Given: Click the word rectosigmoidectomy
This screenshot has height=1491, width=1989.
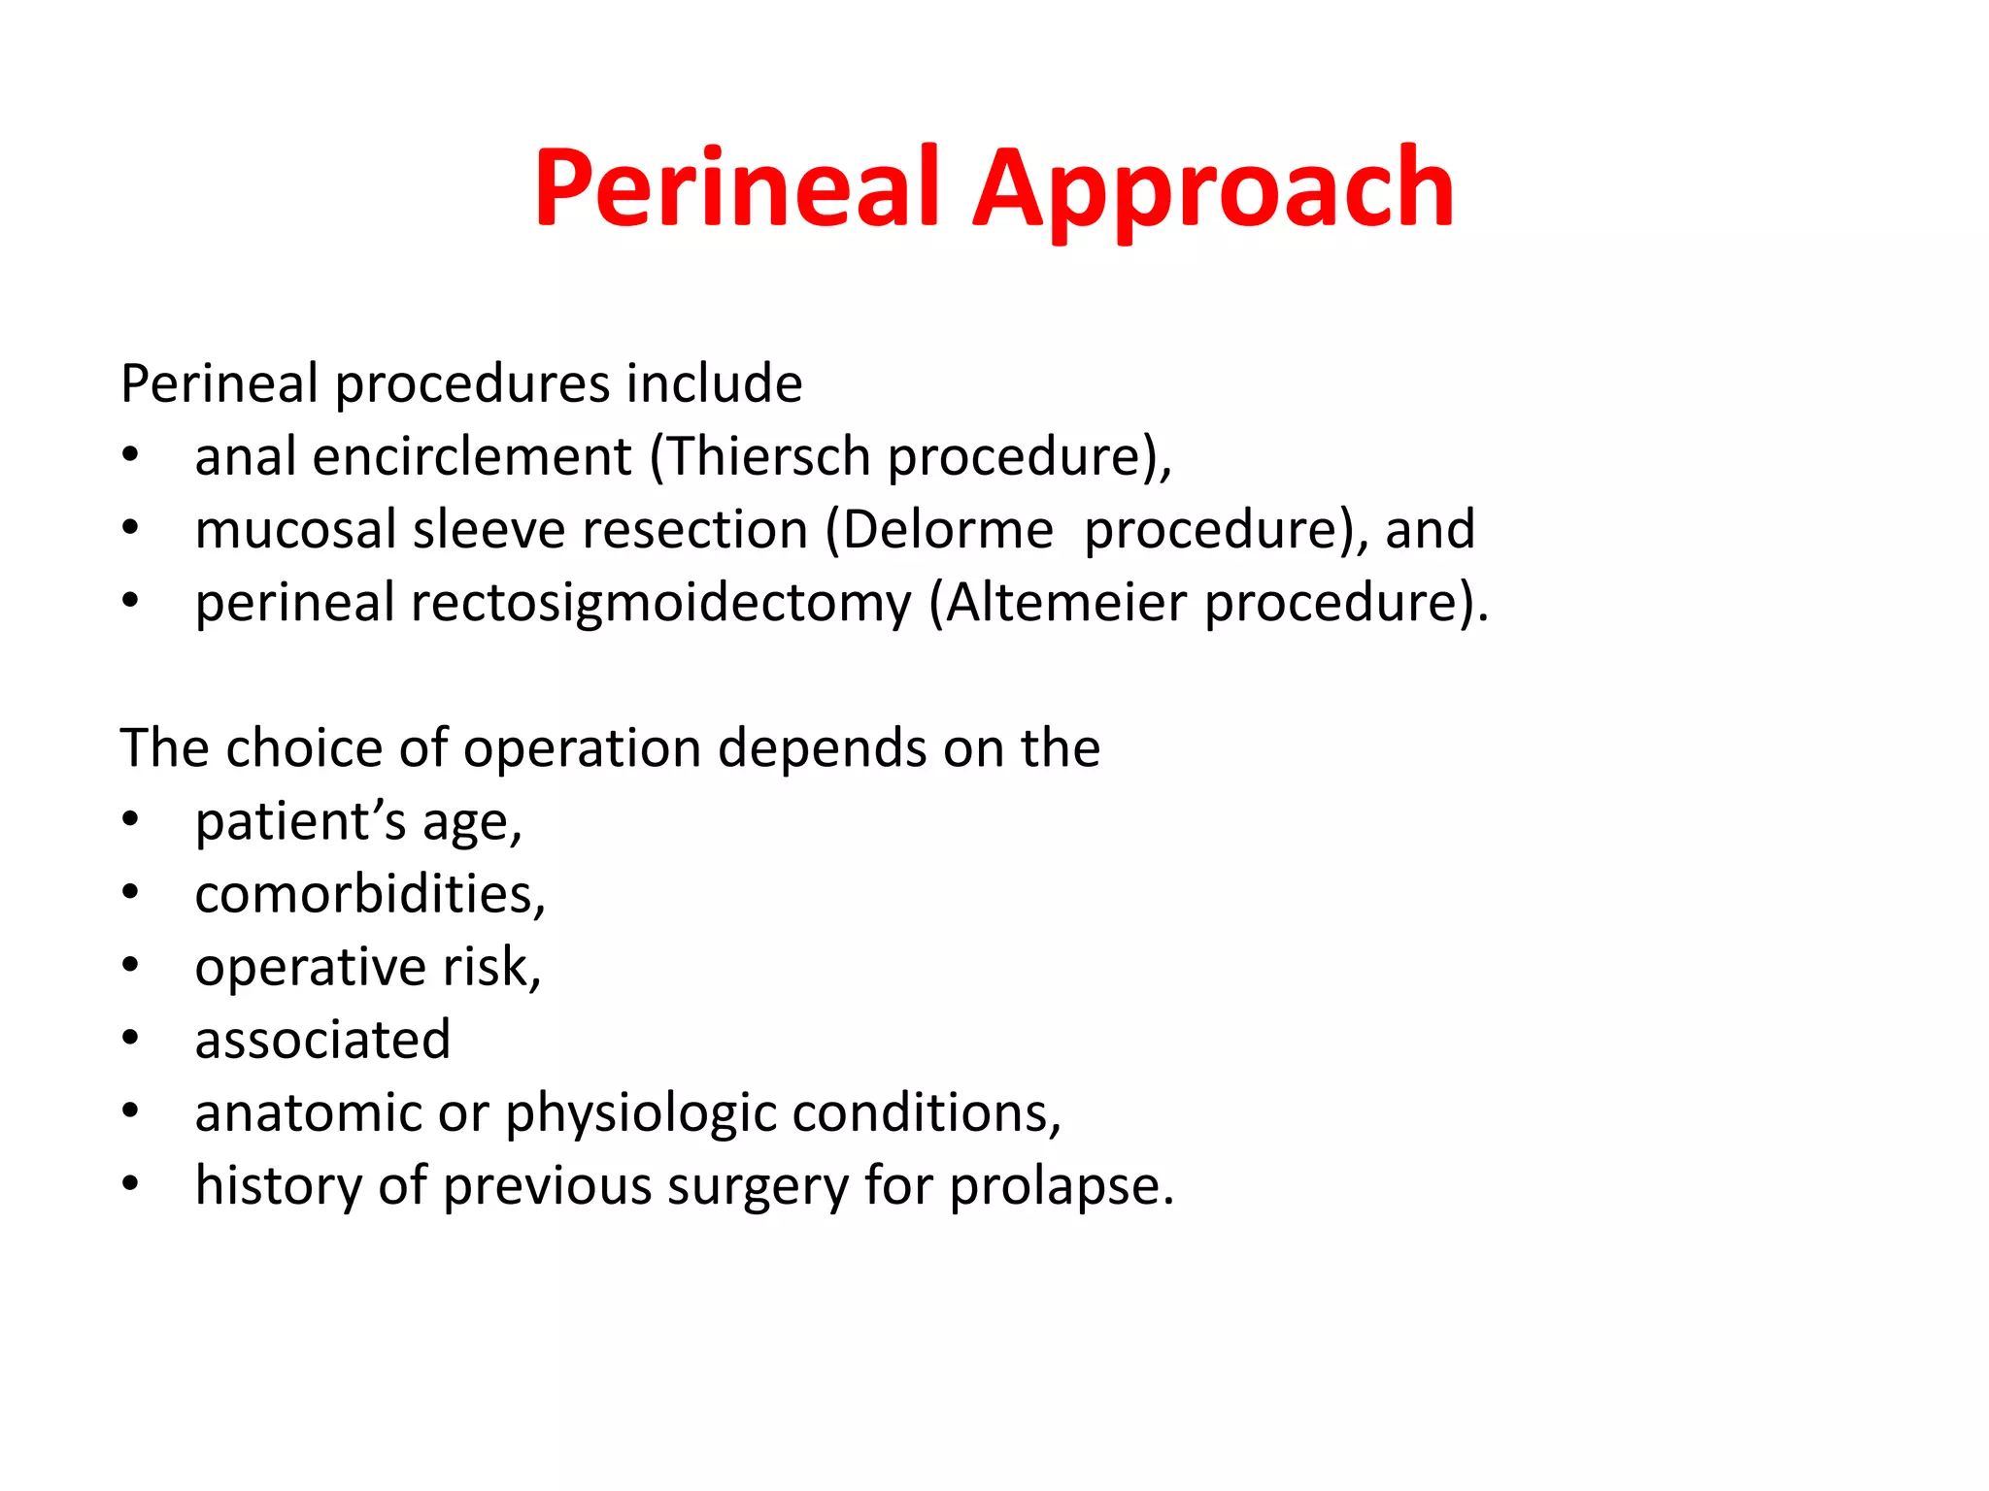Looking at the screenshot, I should coord(660,603).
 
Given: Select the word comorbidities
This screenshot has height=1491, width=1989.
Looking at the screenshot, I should coord(369,894).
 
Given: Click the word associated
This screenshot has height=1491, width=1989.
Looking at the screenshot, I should coord(322,1040).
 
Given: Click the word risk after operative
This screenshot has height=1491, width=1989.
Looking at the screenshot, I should coord(491,967).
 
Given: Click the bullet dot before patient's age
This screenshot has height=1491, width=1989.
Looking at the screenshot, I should coord(131,821).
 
